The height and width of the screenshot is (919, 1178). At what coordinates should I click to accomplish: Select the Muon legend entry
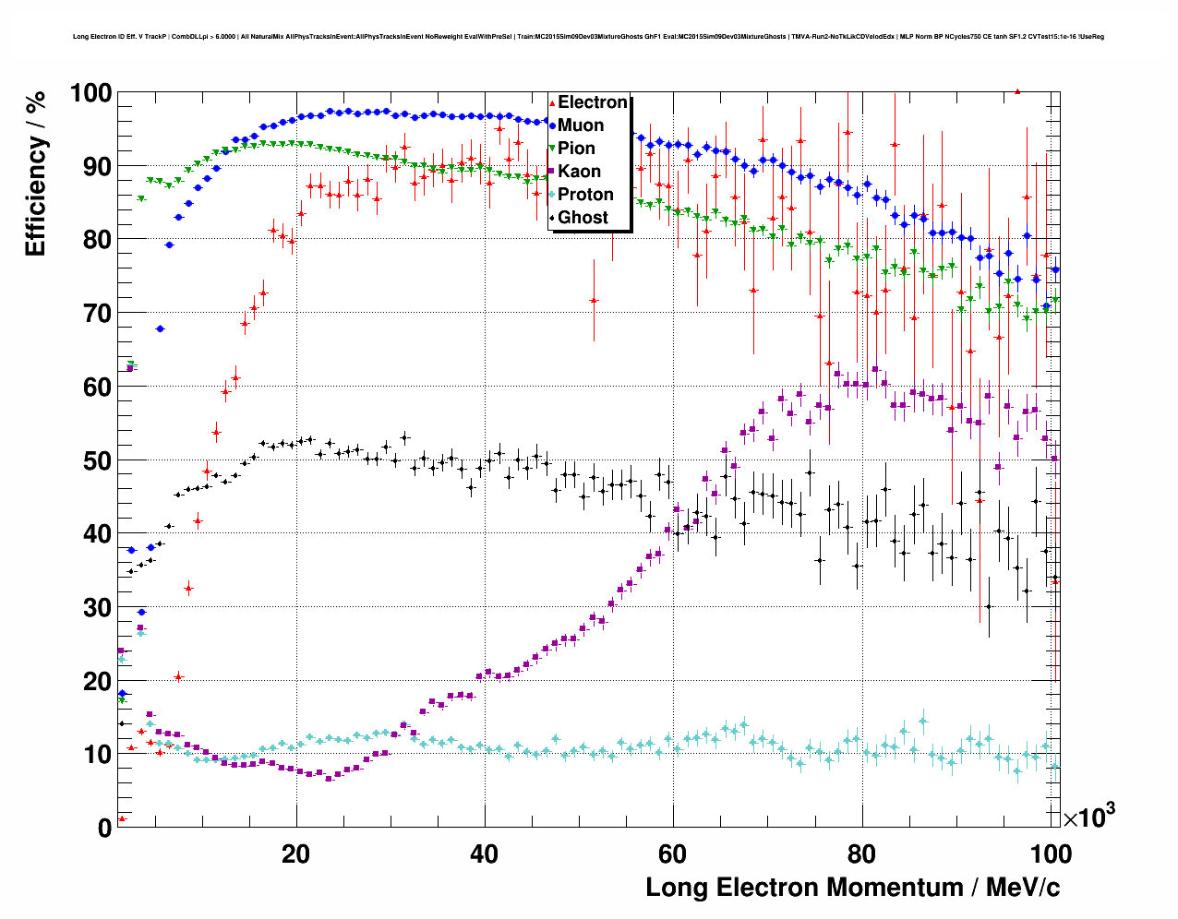pyautogui.click(x=580, y=125)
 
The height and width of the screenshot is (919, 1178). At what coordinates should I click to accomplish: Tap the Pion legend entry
pyautogui.click(x=576, y=149)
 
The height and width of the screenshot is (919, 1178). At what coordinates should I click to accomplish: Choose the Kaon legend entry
pyautogui.click(x=579, y=172)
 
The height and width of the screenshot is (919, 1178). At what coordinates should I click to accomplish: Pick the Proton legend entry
pyautogui.click(x=585, y=195)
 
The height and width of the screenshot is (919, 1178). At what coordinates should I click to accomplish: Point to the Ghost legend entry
pyautogui.click(x=583, y=218)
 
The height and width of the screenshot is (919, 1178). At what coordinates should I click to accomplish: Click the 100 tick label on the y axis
pyautogui.click(x=90, y=93)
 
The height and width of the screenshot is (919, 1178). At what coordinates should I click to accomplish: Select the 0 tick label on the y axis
pyautogui.click(x=104, y=828)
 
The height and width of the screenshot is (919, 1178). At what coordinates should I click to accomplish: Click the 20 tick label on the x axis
pyautogui.click(x=295, y=853)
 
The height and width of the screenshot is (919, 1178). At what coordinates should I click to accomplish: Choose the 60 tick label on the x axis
pyautogui.click(x=673, y=853)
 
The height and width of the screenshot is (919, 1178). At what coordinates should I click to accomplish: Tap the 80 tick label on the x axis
pyautogui.click(x=861, y=853)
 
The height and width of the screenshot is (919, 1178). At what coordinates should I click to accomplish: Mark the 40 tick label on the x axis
pyautogui.click(x=484, y=853)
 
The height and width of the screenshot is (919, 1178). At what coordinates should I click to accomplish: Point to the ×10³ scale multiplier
pyautogui.click(x=1088, y=817)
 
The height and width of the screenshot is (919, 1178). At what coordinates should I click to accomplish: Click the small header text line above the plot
pyautogui.click(x=588, y=37)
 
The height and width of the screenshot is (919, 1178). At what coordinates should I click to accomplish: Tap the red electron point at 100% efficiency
pyautogui.click(x=1017, y=91)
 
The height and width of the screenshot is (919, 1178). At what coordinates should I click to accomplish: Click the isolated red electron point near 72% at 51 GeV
pyautogui.click(x=594, y=300)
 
